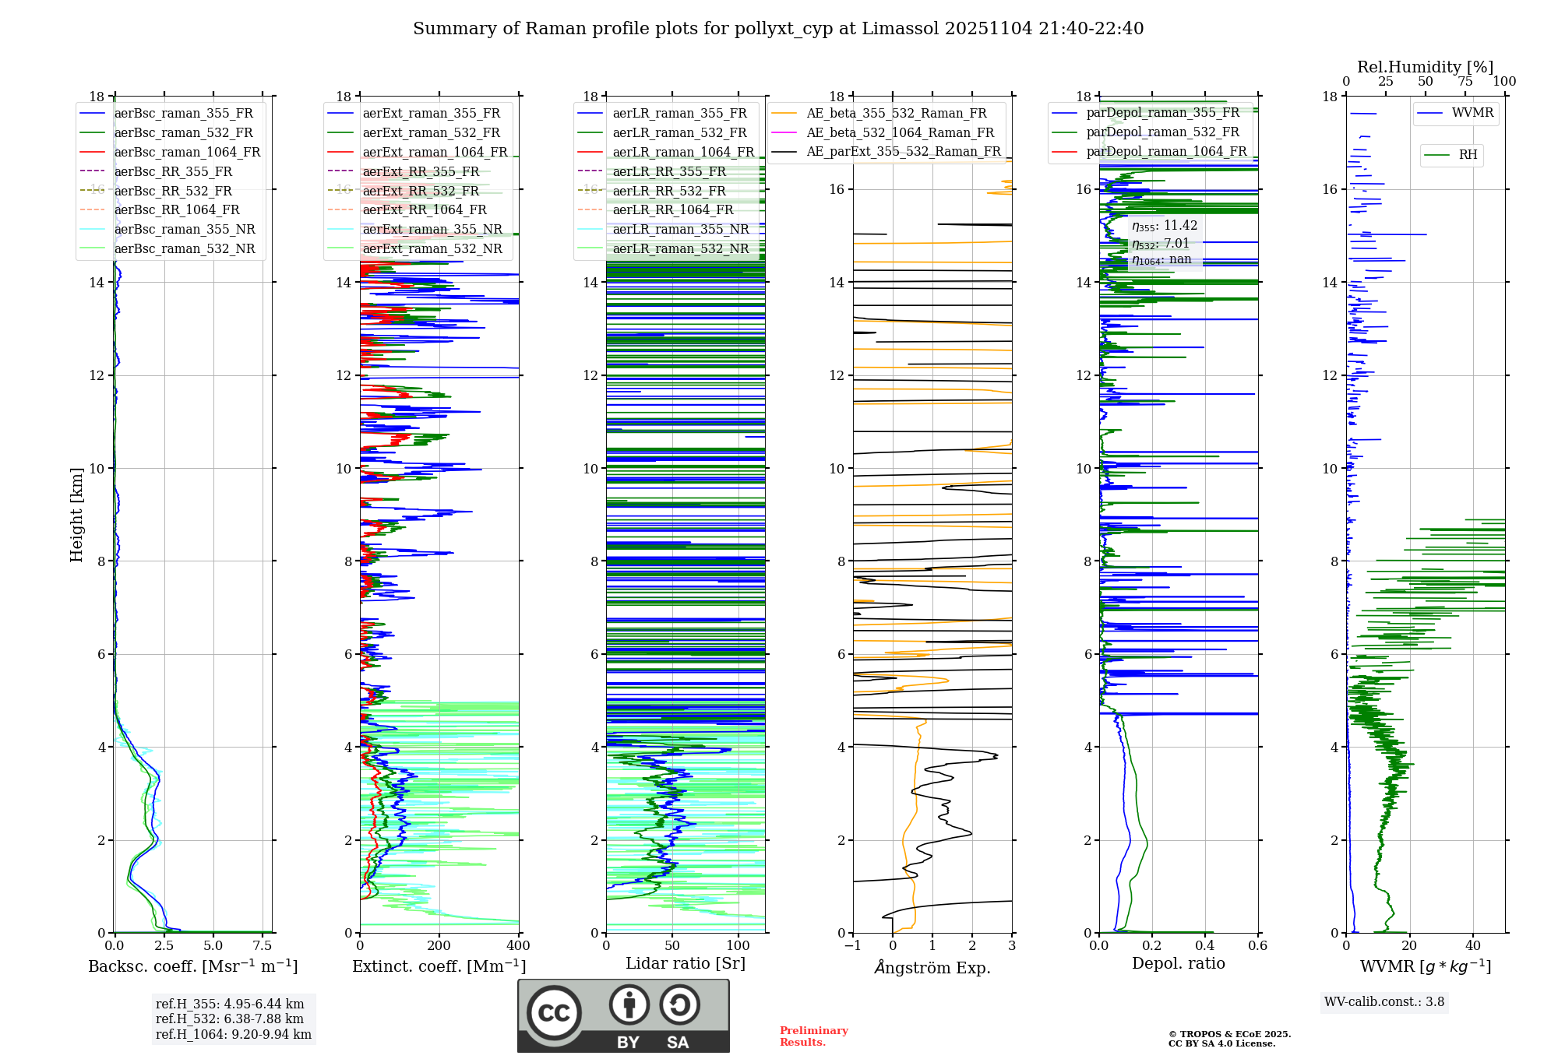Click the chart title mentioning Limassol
pos(777,29)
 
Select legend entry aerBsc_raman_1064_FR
pos(187,152)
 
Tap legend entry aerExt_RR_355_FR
pos(421,171)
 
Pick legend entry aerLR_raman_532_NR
pos(680,248)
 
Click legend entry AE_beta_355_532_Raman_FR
pos(896,114)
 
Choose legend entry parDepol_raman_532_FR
pos(1162,132)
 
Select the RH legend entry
pos(1468,155)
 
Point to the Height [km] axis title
pos(76,515)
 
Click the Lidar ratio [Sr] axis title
pos(686,963)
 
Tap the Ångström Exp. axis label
pos(932,967)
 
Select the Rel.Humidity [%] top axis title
pos(1425,67)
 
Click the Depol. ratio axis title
pos(1178,963)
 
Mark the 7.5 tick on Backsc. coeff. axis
pos(263,946)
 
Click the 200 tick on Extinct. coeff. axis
pos(439,946)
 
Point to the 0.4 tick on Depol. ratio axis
pos(1205,946)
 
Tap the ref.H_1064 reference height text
pos(233,1034)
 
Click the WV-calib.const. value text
pos(1384,1001)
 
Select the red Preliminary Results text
pos(813,1036)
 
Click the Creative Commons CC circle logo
pos(554,1013)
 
